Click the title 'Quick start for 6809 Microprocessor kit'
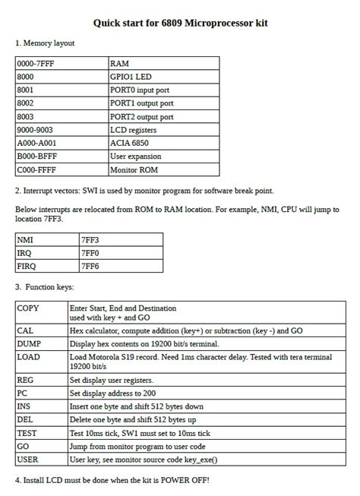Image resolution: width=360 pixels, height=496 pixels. (180, 24)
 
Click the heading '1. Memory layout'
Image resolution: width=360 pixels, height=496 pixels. (45, 43)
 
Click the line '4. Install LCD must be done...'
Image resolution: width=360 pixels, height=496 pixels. (112, 481)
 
